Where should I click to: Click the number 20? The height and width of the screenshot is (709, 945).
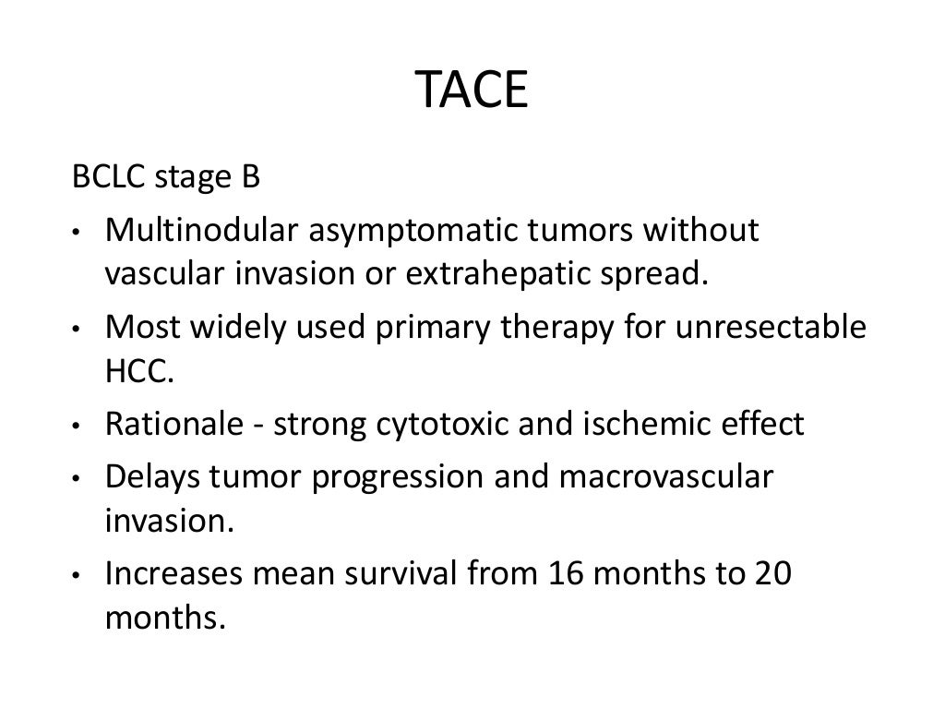pos(770,573)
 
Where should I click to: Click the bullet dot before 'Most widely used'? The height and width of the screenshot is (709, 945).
pos(80,330)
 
